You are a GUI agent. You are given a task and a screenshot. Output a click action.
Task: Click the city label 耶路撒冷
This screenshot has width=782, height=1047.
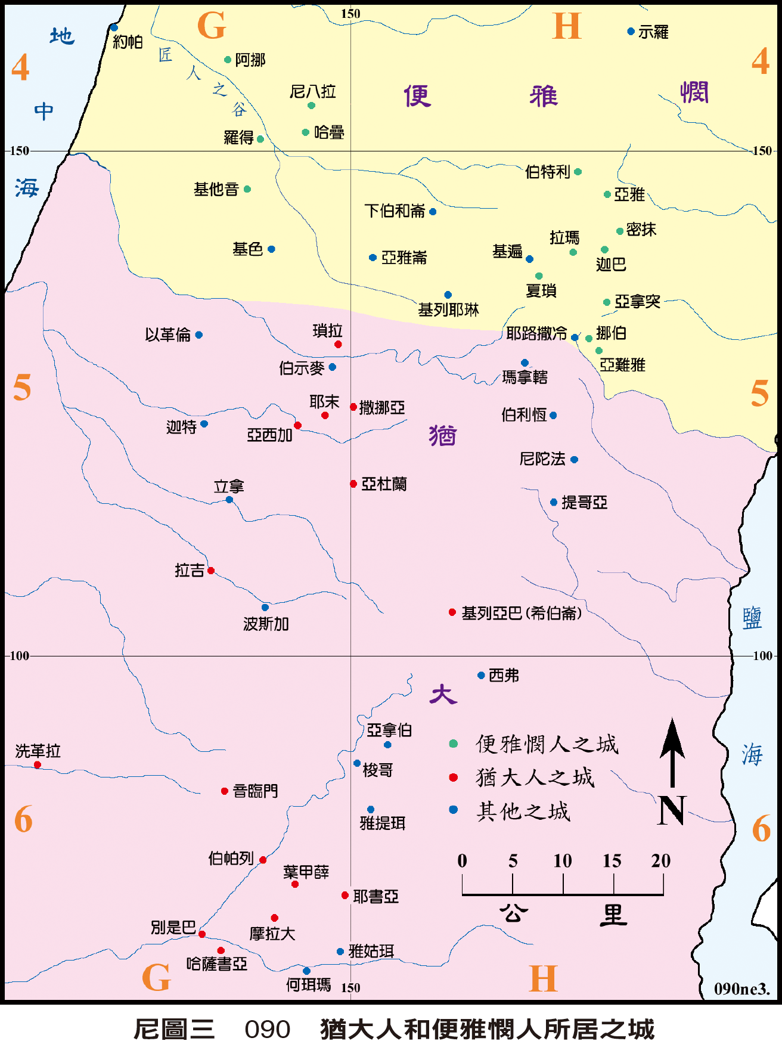tap(536, 334)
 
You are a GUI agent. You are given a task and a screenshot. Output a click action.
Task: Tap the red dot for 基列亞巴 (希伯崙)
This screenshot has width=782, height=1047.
tap(452, 612)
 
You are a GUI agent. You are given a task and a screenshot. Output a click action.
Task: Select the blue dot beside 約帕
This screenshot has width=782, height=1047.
tap(114, 27)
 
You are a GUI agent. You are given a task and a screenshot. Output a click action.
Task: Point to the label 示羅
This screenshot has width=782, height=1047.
tap(653, 32)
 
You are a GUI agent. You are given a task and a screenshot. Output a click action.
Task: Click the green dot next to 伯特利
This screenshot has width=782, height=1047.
tap(578, 172)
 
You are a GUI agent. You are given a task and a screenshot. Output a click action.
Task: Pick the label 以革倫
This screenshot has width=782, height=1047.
tap(167, 335)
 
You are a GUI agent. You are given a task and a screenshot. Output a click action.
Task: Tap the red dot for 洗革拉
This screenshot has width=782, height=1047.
tap(38, 765)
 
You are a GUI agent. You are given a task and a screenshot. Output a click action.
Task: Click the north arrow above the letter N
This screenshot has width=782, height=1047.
tap(672, 751)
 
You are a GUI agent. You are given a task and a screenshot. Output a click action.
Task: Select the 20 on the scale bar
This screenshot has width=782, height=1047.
tap(660, 860)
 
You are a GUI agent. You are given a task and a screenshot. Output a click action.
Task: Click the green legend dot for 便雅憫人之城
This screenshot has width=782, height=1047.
tap(453, 744)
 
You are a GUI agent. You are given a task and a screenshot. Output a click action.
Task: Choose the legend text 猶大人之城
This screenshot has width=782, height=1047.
tap(535, 777)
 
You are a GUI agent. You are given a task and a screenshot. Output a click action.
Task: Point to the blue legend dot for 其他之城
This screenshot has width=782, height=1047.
tap(453, 810)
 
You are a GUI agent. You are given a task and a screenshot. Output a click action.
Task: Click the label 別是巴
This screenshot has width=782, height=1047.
tap(173, 928)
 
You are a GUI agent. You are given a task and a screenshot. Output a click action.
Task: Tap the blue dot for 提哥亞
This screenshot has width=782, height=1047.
tap(554, 503)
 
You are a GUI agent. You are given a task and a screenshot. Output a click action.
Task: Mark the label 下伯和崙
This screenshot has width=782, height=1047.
tap(395, 211)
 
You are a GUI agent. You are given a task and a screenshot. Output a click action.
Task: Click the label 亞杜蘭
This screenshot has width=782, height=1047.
tap(384, 484)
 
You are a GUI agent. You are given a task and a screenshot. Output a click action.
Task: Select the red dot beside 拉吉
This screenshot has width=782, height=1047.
tap(211, 571)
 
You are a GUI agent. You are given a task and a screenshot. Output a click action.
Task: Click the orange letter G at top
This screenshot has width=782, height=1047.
tap(211, 26)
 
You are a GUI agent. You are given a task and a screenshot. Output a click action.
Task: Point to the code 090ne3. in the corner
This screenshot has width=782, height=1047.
tap(741, 989)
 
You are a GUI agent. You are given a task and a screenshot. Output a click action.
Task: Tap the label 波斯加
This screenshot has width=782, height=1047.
tap(266, 624)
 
